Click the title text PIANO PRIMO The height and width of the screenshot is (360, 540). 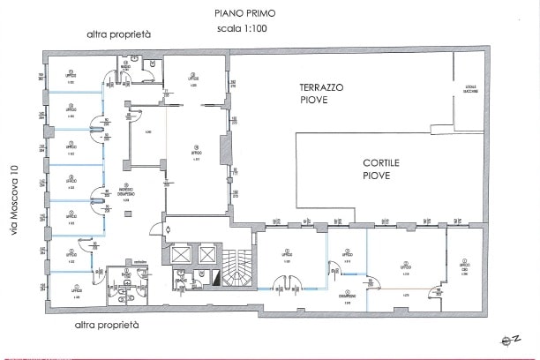coord(244,12)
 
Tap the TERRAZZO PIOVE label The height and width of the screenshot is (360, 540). coord(321,94)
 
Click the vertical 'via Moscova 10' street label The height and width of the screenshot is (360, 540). coord(12,199)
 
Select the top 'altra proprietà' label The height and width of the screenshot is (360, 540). coord(118,34)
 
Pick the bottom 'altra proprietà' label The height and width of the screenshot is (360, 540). coord(107,325)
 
